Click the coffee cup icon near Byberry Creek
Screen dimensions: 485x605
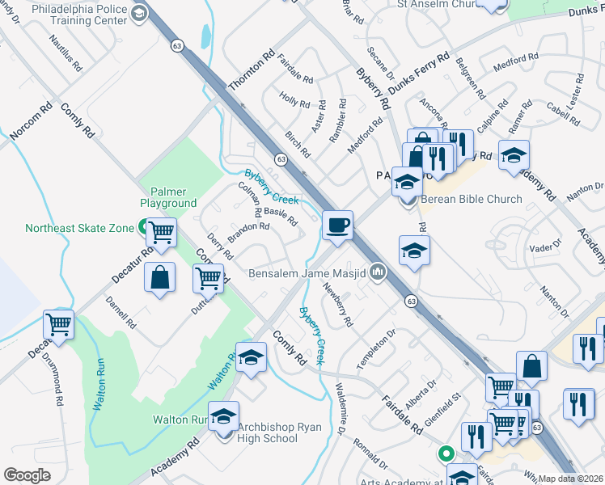[337, 225]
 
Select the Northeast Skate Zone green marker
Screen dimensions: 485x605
[142, 228]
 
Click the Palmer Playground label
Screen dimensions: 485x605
[168, 197]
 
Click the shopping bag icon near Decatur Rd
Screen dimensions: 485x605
[160, 277]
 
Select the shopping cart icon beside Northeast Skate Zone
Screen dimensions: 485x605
[162, 233]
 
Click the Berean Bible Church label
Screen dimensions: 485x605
[470, 199]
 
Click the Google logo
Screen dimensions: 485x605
[27, 475]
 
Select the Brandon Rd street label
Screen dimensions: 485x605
[247, 232]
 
